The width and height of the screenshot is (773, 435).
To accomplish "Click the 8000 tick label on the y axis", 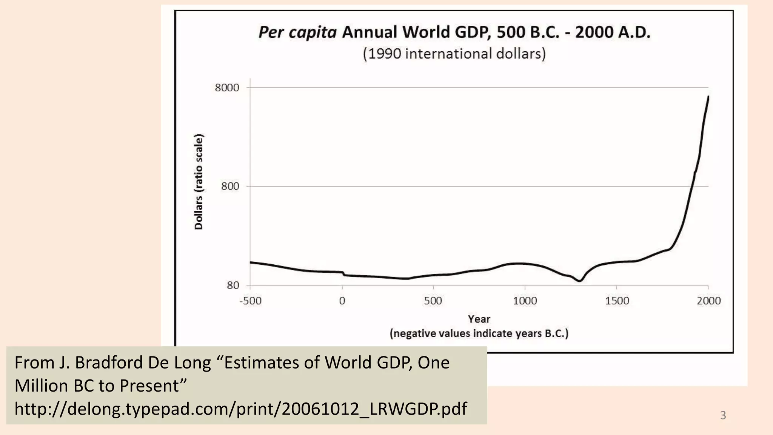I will [x=227, y=88].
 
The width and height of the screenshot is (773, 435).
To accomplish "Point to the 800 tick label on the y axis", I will [x=230, y=187].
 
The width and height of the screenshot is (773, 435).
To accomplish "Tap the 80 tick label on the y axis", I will [x=233, y=285].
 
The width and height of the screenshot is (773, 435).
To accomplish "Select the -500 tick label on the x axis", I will [x=250, y=301].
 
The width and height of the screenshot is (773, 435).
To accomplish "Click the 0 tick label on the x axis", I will [x=342, y=301].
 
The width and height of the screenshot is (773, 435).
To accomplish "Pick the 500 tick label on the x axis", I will [x=433, y=301].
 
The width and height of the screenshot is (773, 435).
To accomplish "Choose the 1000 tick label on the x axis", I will [x=525, y=301].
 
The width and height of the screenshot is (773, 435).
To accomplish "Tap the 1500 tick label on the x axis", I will [x=617, y=301].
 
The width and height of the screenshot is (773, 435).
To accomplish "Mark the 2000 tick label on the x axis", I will [x=708, y=301].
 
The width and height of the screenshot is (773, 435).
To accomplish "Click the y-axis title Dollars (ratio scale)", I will [x=199, y=182].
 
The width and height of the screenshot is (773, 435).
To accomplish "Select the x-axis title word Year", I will [x=479, y=319].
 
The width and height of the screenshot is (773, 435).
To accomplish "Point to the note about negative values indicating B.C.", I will [x=479, y=334].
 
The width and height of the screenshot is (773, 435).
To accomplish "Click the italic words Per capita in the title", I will [x=297, y=32].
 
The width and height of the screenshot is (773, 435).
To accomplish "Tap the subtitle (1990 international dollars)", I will [x=454, y=54].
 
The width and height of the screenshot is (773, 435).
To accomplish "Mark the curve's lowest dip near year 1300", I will [x=580, y=281].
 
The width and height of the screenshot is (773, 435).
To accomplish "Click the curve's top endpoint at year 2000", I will [x=708, y=97].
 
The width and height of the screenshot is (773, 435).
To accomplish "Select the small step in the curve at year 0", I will [x=343, y=273].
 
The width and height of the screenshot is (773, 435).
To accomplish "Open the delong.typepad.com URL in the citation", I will [x=240, y=409].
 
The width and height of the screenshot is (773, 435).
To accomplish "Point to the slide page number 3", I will [x=723, y=415].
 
